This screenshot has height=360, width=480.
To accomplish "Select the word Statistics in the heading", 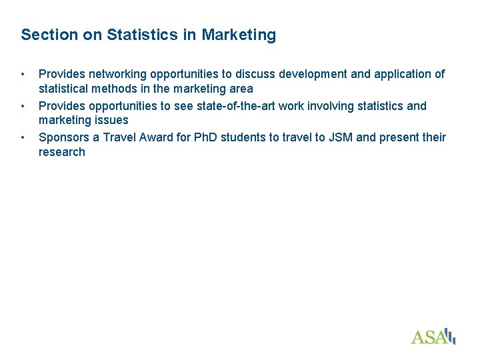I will click(x=136, y=35).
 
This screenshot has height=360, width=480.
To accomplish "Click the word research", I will click(x=62, y=152).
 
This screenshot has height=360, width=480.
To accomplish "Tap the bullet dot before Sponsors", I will click(x=23, y=137).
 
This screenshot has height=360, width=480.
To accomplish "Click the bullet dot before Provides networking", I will click(x=23, y=74).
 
